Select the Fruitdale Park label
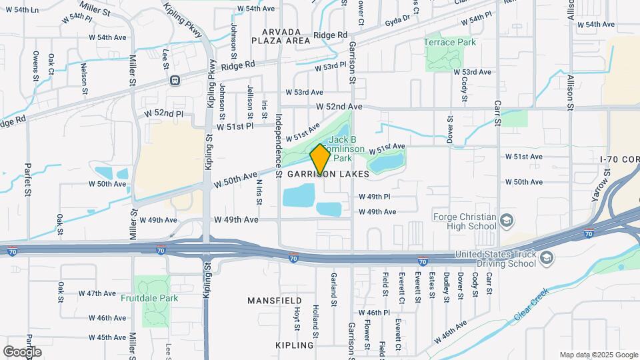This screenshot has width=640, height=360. tap(149, 298)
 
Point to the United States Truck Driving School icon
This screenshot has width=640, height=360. tap(546, 259)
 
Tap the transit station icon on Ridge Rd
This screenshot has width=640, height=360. tap(175, 81)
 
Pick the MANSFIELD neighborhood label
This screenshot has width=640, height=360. tap(275, 301)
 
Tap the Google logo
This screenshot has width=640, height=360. tap(21, 351)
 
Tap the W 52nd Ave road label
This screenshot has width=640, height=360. tap(339, 106)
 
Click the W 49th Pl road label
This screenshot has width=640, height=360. tap(374, 197)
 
